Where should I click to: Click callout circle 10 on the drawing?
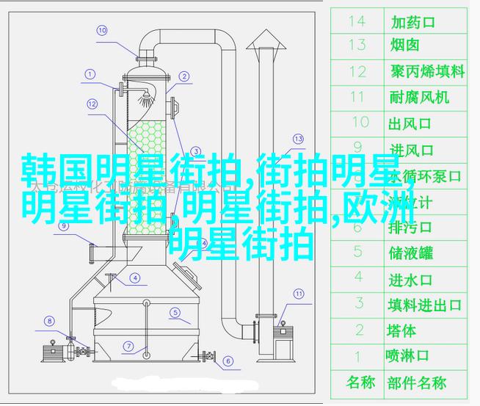(101, 30)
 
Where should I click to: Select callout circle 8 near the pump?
(49, 320)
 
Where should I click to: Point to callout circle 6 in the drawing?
(228, 360)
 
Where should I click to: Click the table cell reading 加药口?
(412, 21)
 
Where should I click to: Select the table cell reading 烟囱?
(404, 46)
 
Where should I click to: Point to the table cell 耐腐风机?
(419, 96)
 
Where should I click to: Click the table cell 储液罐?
(410, 253)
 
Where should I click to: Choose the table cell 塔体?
(401, 330)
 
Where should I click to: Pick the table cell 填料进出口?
(424, 304)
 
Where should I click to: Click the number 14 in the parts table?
(357, 21)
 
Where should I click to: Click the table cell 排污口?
(410, 228)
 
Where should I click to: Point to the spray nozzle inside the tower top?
(147, 95)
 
